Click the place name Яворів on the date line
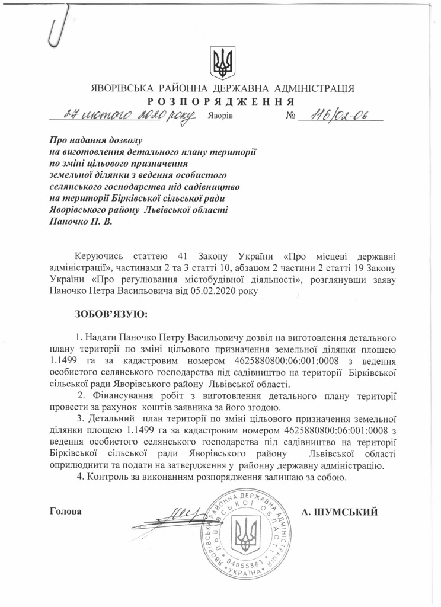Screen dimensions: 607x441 coord(220,115)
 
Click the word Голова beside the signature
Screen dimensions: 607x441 coord(65,511)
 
